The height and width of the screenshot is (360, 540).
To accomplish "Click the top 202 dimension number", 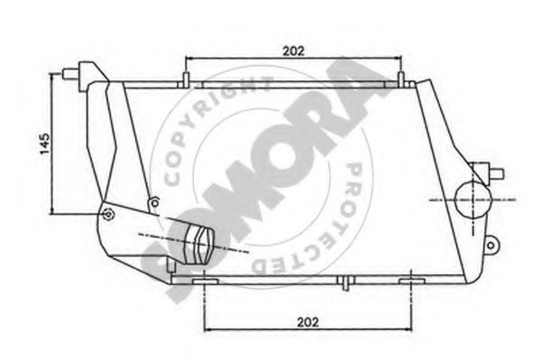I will click(x=292, y=51).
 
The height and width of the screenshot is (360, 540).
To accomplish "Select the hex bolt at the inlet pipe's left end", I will click(x=109, y=215).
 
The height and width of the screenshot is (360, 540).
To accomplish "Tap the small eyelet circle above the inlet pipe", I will click(x=156, y=200).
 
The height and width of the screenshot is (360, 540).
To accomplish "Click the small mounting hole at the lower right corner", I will click(x=491, y=244).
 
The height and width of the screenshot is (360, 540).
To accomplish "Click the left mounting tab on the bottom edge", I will click(x=205, y=280).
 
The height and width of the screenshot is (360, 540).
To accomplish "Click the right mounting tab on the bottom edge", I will click(x=412, y=279).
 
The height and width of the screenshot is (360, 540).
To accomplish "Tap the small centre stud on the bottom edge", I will click(x=345, y=282).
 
